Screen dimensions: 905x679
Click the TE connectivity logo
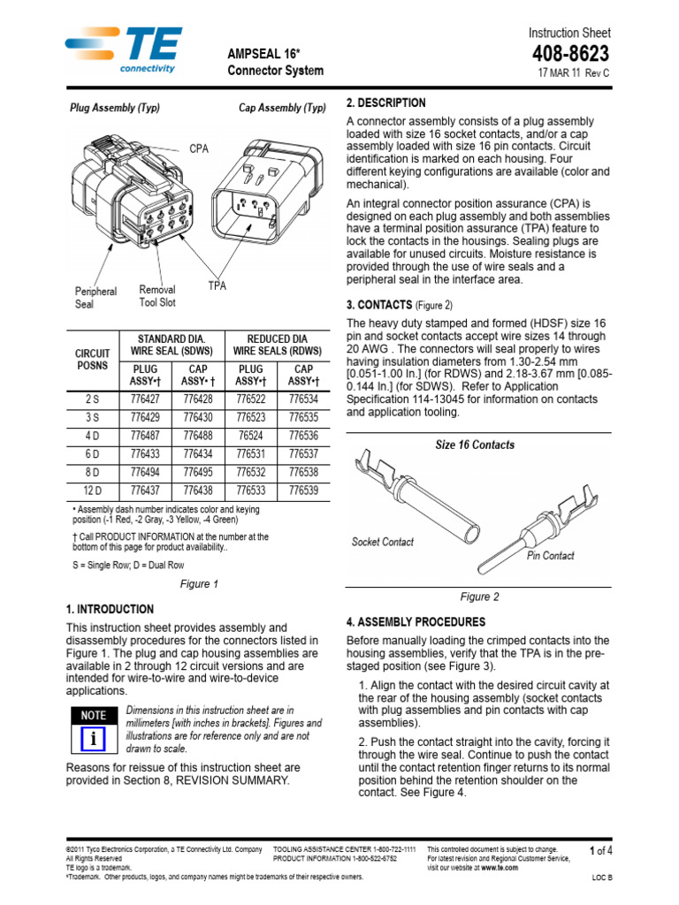tap(124, 51)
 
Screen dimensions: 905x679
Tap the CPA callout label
tap(198, 149)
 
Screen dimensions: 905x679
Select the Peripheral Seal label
tap(95, 298)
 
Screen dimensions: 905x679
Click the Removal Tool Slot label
tap(157, 296)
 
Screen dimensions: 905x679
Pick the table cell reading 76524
tap(250, 436)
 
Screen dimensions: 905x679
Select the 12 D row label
tap(93, 491)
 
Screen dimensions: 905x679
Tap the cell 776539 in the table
tap(303, 491)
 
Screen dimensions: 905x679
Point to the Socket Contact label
tap(382, 542)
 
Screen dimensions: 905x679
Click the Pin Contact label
tap(550, 556)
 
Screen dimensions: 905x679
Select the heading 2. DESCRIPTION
tap(385, 103)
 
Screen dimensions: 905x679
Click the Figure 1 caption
tap(199, 584)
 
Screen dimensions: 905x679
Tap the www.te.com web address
tap(500, 868)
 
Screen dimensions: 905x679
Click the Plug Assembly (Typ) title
tap(115, 108)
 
